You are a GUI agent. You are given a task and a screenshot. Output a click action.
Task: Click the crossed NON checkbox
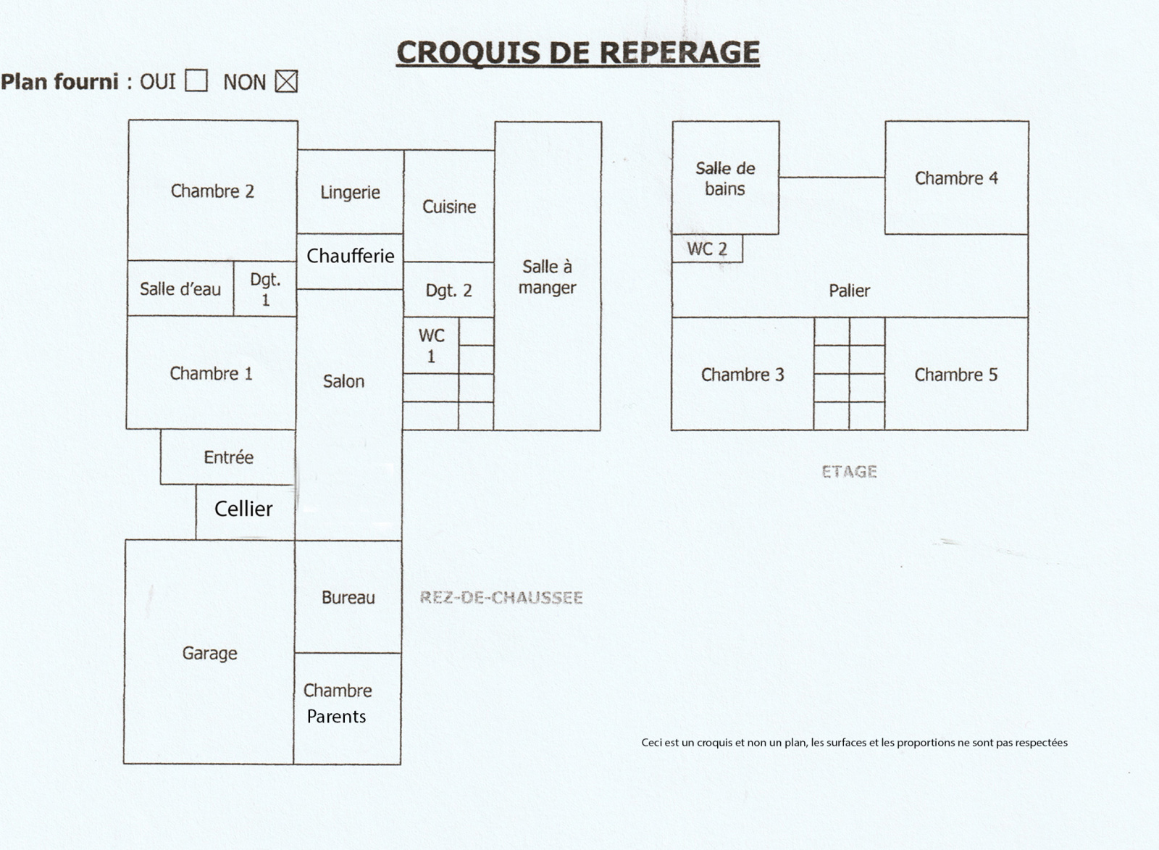[286, 81]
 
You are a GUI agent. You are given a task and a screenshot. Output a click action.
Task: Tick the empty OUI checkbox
[196, 80]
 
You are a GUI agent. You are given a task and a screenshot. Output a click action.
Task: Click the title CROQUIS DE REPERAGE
[577, 53]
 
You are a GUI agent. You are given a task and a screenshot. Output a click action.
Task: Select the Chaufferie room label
[350, 256]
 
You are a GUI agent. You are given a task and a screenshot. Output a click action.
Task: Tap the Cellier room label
[243, 509]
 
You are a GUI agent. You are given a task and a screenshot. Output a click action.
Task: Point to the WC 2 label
[706, 249]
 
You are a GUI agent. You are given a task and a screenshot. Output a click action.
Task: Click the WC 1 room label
[431, 346]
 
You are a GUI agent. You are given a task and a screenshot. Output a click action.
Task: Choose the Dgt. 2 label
[448, 291]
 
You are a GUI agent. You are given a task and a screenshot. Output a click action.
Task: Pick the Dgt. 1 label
[265, 289]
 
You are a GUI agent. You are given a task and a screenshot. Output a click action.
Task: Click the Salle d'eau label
[180, 289]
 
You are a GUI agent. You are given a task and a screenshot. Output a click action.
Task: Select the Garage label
[209, 653]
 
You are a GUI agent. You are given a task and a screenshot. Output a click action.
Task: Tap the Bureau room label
[348, 597]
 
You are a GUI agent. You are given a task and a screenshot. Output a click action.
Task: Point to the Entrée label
[228, 457]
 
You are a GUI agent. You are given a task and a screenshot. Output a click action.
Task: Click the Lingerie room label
[350, 192]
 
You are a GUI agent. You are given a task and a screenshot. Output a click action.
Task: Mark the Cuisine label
[449, 207]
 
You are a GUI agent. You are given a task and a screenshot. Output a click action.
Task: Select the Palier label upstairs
[849, 291]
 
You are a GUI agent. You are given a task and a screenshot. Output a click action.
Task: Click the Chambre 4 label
[956, 178]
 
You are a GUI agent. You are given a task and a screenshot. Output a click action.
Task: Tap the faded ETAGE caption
[849, 472]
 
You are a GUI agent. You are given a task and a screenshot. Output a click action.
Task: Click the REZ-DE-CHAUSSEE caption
[501, 598]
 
